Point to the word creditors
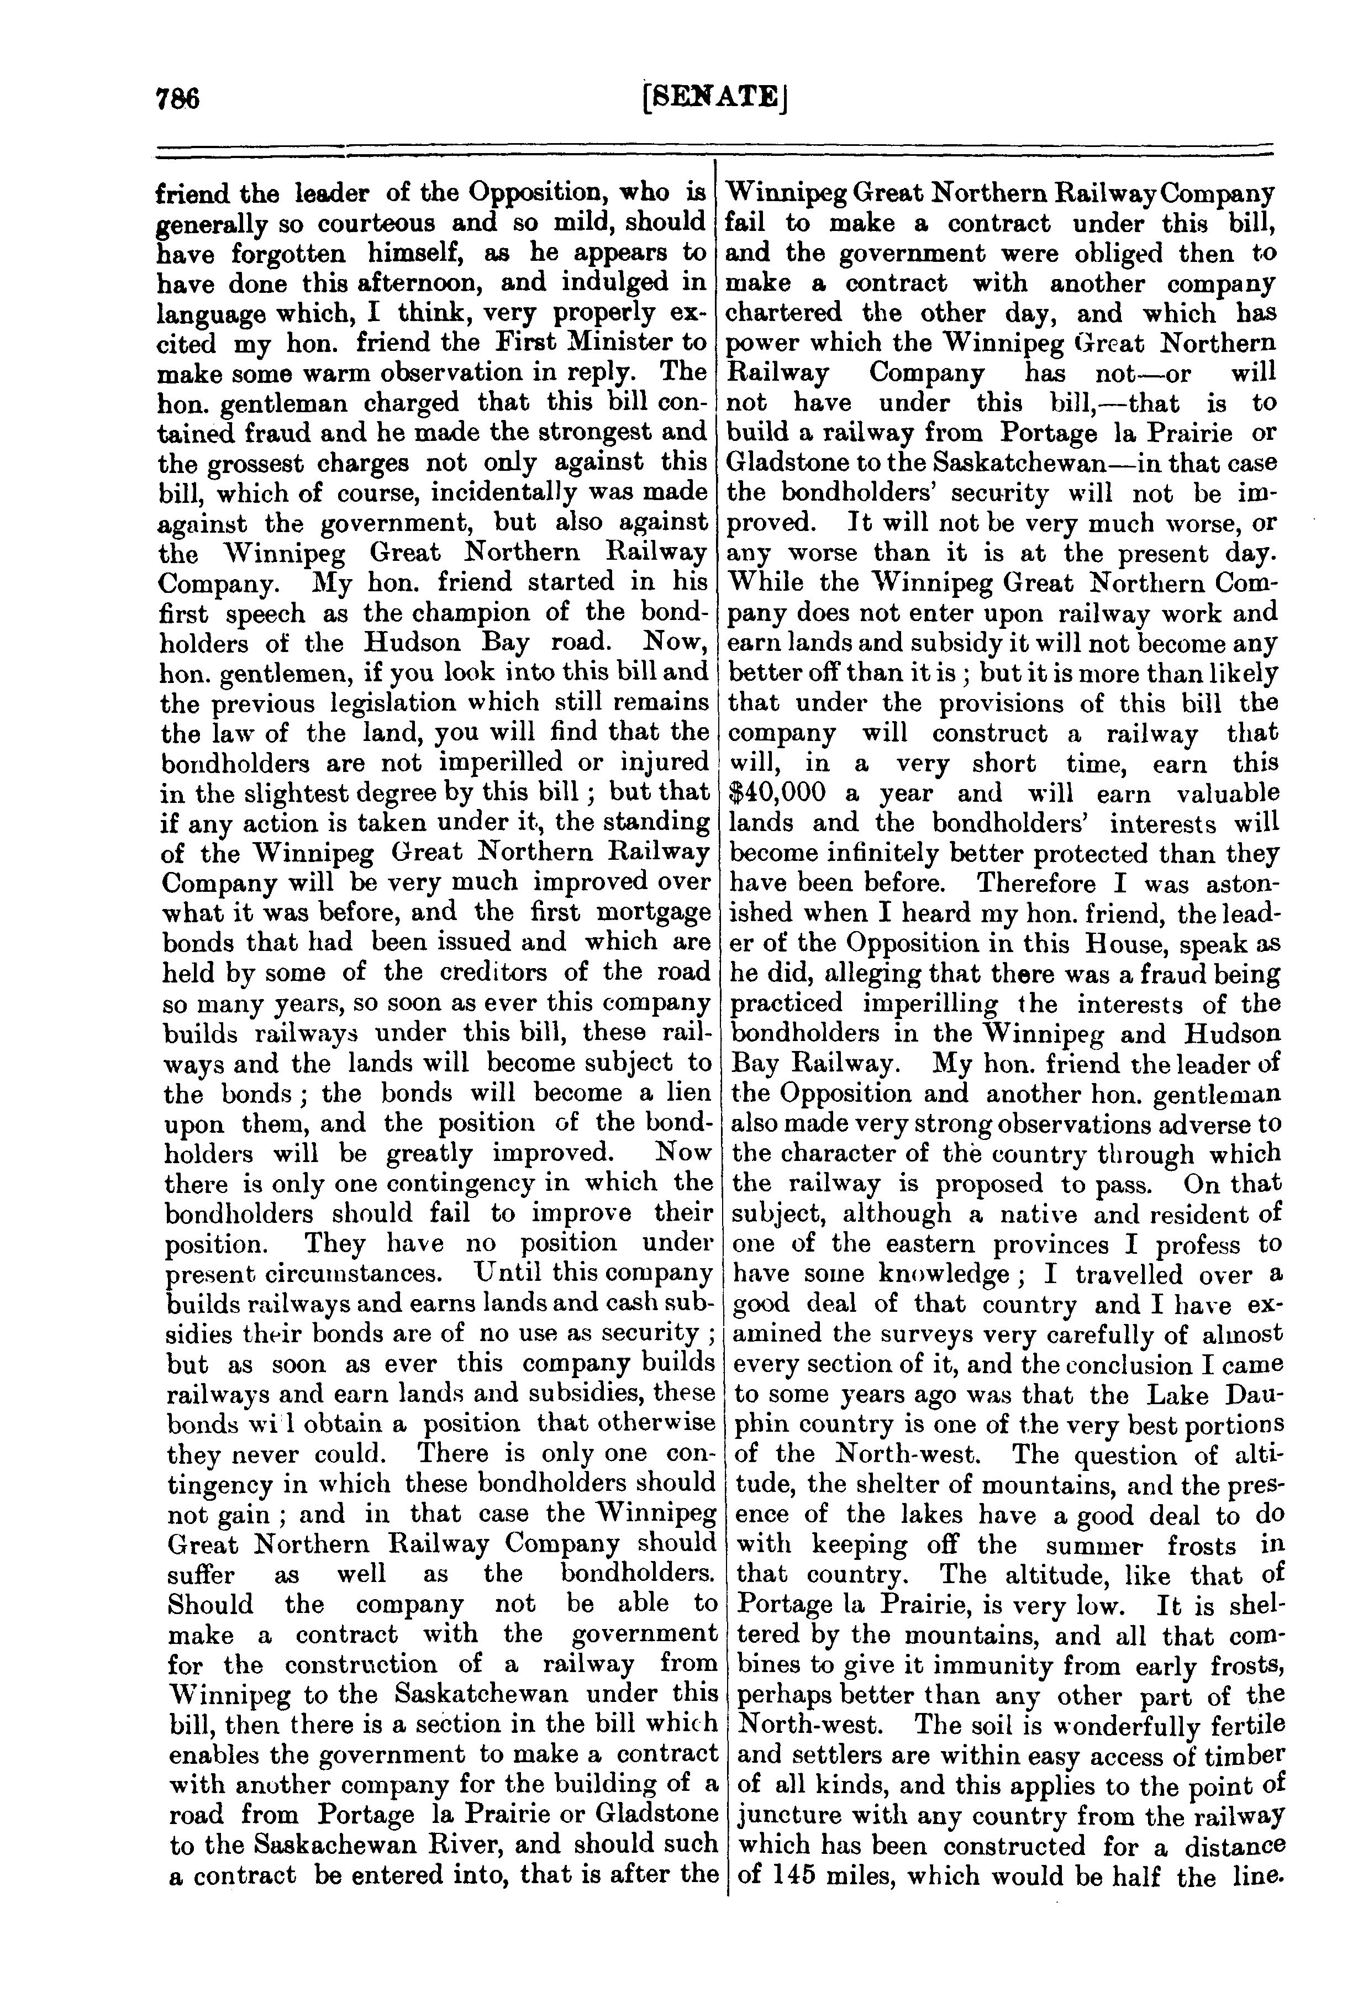[512, 972]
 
